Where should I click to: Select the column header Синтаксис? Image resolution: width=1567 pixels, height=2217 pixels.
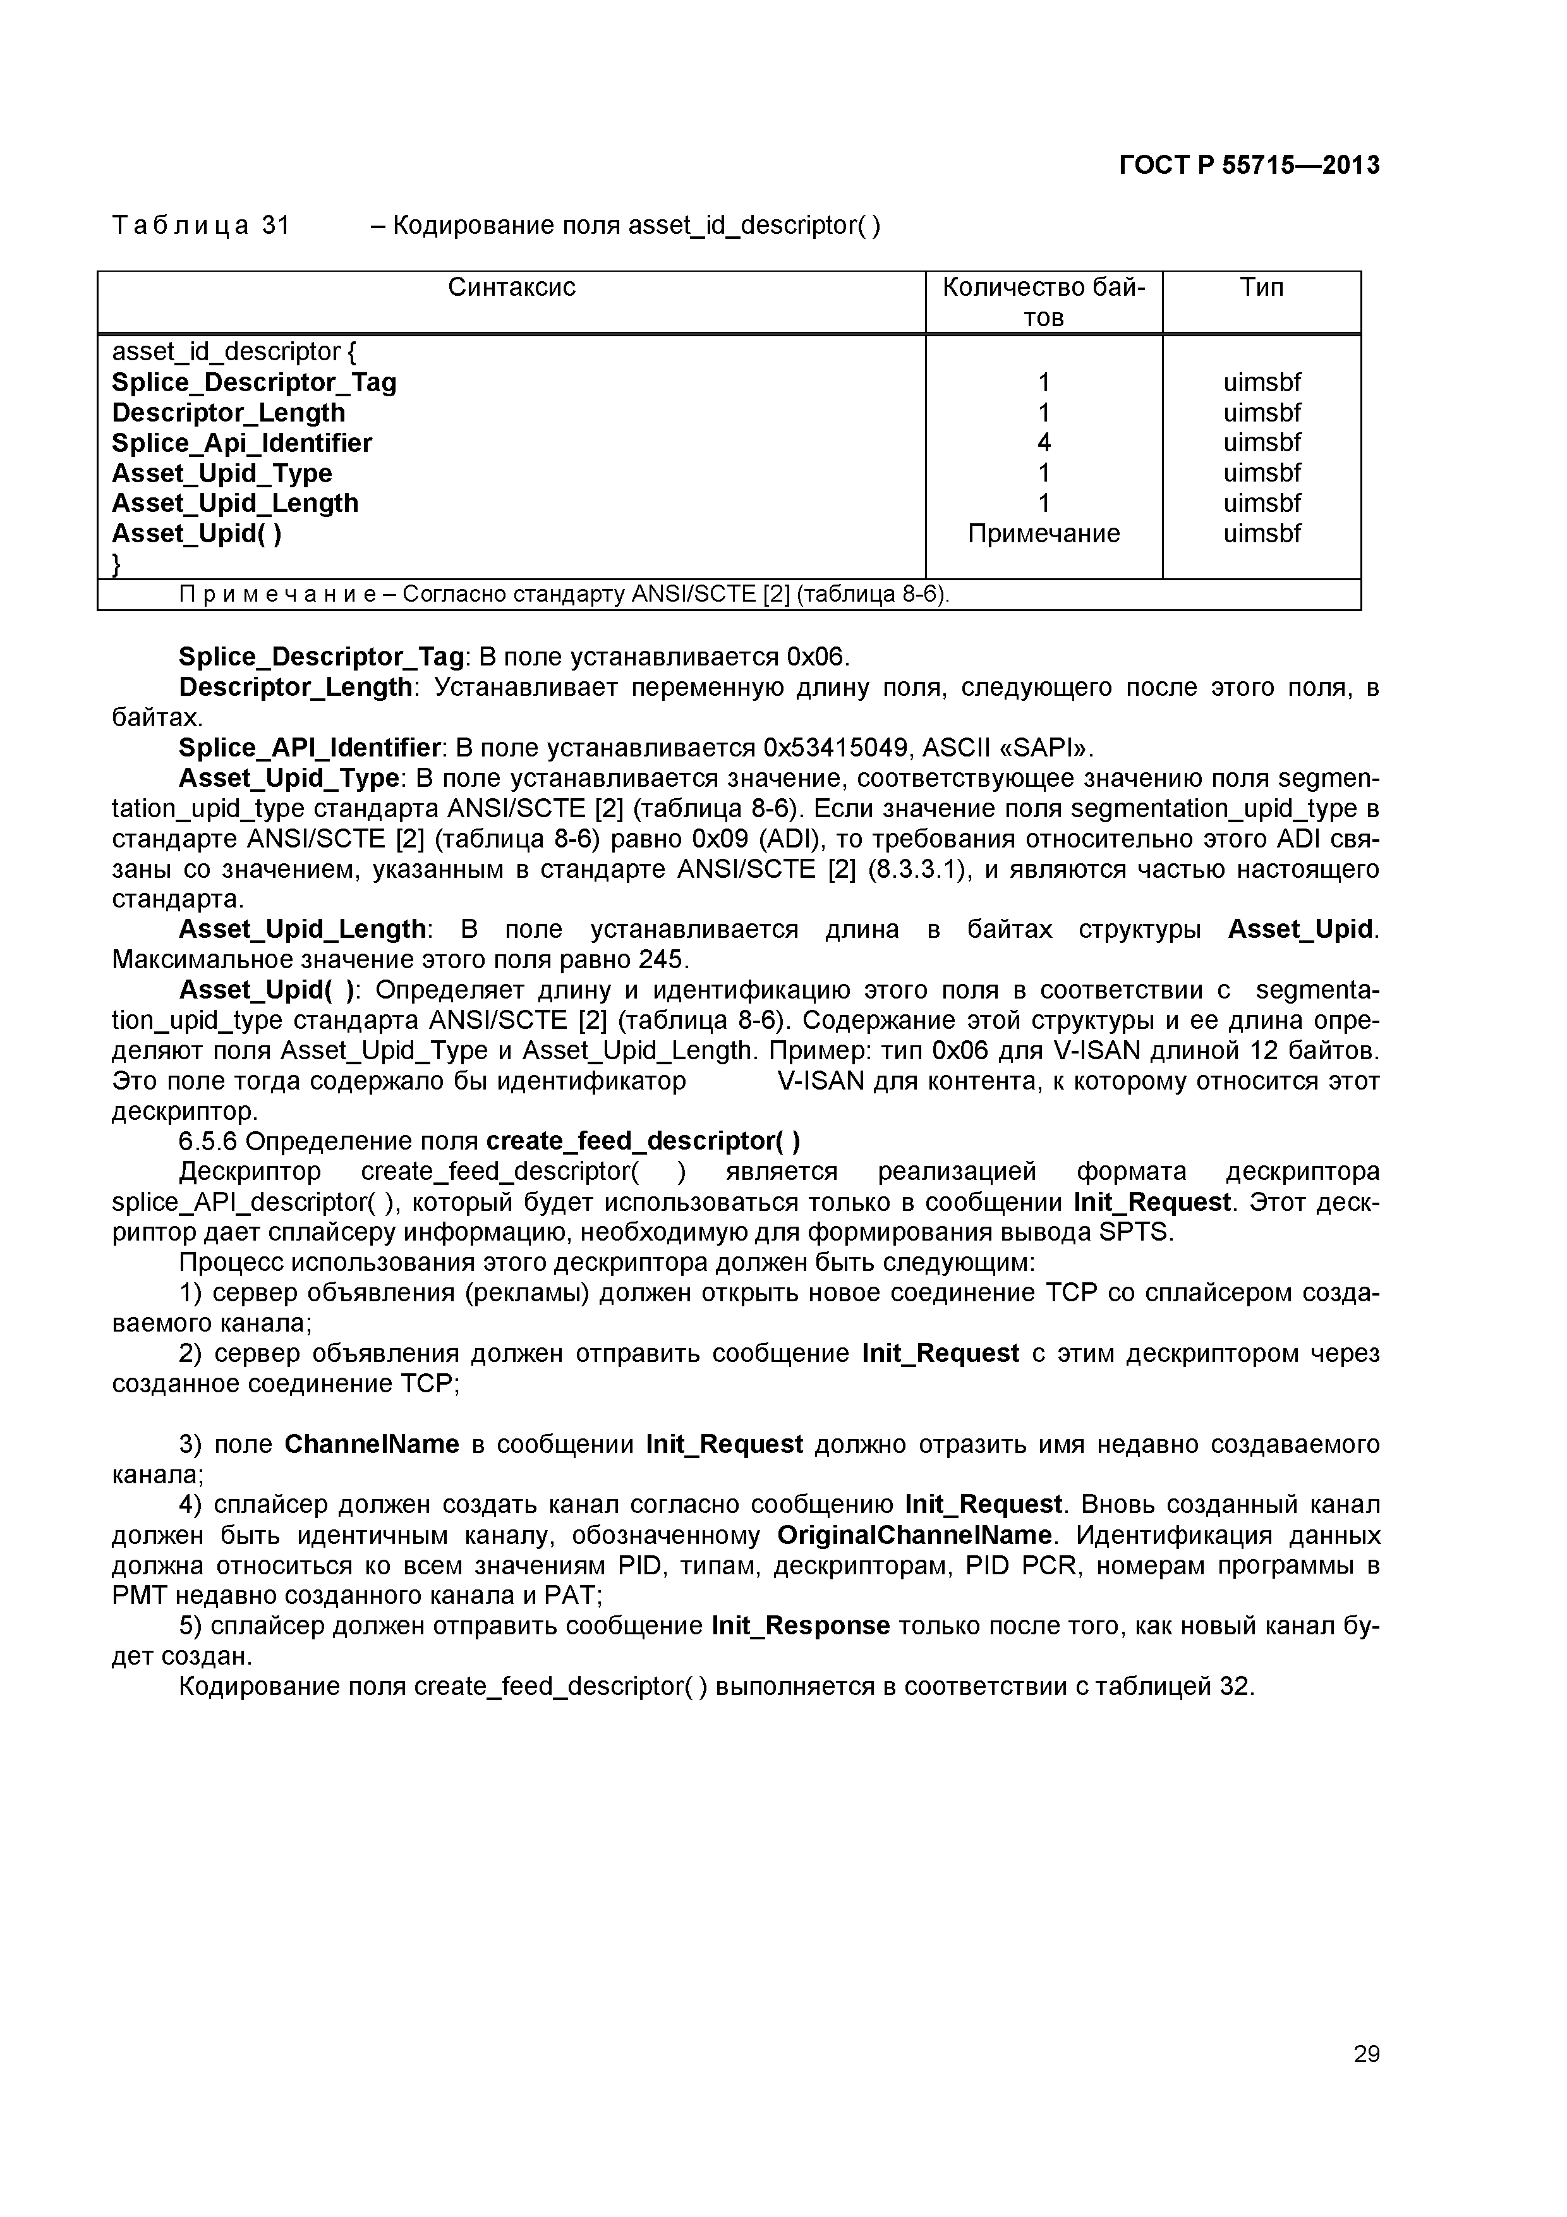pos(512,287)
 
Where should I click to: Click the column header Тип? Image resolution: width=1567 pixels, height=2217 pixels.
pos(1261,287)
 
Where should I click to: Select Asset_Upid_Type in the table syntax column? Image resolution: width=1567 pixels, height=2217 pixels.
pos(222,473)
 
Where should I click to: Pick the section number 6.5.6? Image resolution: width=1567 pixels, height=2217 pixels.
pos(208,1141)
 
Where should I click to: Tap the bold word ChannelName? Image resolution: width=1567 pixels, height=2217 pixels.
pos(372,1445)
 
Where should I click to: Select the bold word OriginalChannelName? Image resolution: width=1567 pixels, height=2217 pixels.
pos(914,1535)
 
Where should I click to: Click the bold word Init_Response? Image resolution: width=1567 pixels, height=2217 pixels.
pos(801,1626)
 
